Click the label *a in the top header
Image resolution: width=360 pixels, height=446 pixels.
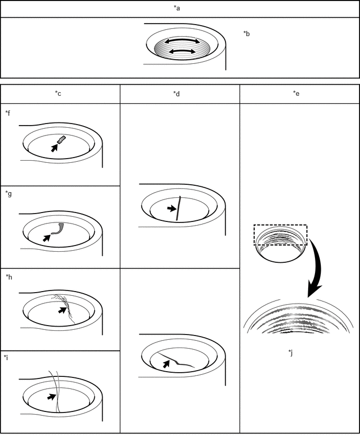[177, 8]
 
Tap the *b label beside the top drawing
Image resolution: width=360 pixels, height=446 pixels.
[246, 34]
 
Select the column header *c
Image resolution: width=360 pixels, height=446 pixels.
[58, 94]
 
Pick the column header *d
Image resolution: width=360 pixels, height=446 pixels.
[176, 94]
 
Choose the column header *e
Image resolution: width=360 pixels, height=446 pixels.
[296, 94]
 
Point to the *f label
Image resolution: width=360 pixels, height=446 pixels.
[8, 113]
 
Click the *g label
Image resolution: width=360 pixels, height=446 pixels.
[8, 194]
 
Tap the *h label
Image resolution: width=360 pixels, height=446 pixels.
[9, 277]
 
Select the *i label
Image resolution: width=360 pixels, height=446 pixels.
[6, 358]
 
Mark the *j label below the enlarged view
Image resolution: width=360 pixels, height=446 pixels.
[290, 353]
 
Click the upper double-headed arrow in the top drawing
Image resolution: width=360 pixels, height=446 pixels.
[182, 41]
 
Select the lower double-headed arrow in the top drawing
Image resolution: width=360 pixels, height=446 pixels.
[182, 51]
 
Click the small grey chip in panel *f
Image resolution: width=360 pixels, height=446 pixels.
[61, 139]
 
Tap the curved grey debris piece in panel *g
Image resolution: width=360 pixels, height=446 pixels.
[59, 229]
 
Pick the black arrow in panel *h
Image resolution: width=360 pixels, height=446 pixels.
[62, 310]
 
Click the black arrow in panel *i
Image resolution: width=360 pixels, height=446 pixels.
[51, 396]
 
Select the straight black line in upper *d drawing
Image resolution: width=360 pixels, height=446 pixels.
[178, 208]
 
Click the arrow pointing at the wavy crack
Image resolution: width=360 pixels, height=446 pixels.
[166, 364]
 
